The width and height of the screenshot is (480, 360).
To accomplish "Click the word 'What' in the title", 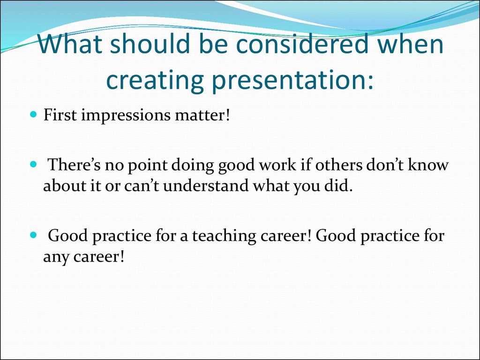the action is pos(70,44).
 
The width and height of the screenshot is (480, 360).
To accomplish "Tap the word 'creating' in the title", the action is pos(155,80).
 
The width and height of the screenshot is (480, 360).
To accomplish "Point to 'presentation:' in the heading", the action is pos(292,80).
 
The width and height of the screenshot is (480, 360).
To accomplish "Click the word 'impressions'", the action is pos(126,116).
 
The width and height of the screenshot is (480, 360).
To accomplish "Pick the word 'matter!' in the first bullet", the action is pos(202,115).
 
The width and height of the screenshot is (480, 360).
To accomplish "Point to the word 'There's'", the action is pos(75,165).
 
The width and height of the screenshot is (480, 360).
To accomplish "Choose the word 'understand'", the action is pos(206,185).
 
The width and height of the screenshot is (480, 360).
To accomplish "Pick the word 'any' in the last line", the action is pos(56,257).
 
